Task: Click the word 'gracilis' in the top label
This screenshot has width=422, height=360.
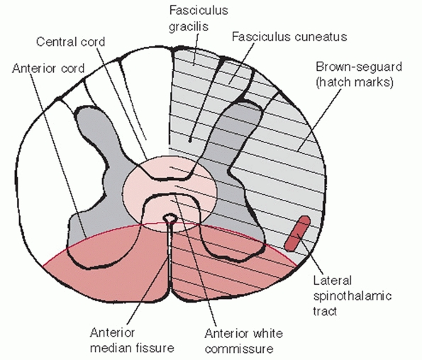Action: tap(189, 27)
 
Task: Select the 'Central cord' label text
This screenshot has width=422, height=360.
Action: tap(70, 42)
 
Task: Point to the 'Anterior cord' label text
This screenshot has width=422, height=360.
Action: tap(48, 69)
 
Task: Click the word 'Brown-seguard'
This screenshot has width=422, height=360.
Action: tap(359, 67)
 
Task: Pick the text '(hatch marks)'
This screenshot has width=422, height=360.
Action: tap(355, 82)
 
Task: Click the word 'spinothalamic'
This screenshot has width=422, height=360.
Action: tap(352, 296)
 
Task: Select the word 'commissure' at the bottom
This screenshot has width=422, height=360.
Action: tap(239, 349)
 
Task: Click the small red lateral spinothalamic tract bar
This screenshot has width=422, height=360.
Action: tap(297, 234)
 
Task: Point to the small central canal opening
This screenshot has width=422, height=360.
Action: tap(170, 218)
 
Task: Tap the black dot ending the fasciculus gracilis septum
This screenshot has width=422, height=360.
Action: tap(190, 140)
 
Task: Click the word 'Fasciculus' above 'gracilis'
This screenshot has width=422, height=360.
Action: tap(199, 11)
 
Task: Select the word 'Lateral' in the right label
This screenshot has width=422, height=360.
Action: tap(333, 281)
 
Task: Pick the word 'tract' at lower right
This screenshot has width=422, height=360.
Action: tap(325, 311)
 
